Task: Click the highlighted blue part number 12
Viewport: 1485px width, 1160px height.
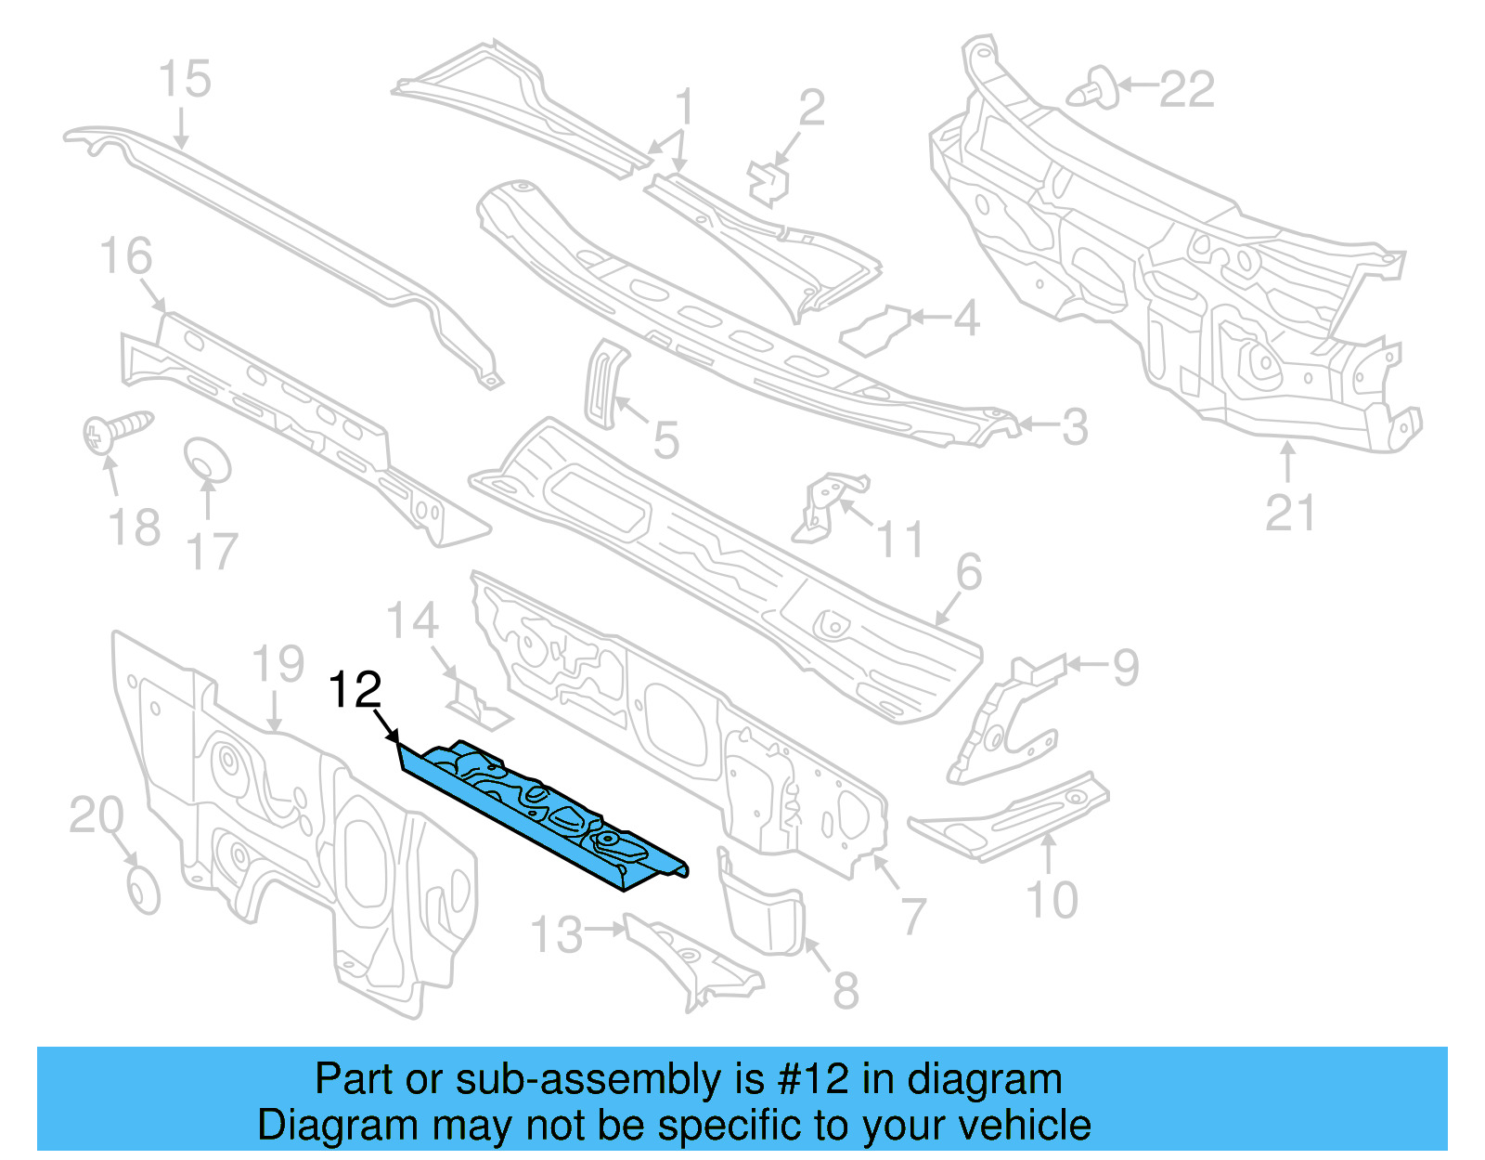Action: click(x=548, y=813)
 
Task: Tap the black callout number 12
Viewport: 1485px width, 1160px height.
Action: click(x=355, y=691)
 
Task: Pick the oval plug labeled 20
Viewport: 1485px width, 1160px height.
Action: click(x=143, y=891)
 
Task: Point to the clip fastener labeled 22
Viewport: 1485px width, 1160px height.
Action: click(x=1093, y=87)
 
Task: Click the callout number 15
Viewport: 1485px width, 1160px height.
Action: click(x=185, y=79)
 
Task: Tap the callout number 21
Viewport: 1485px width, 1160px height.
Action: click(x=1290, y=514)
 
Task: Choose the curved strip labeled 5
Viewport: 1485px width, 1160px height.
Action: click(x=604, y=383)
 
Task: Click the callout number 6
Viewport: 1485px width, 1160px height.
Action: click(x=968, y=572)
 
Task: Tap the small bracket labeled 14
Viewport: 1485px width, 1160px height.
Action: click(x=477, y=704)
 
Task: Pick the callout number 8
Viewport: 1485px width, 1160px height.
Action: click(x=845, y=990)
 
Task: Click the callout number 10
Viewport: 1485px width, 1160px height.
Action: click(x=1052, y=900)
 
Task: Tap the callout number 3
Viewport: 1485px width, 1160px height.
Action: click(x=1074, y=427)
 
